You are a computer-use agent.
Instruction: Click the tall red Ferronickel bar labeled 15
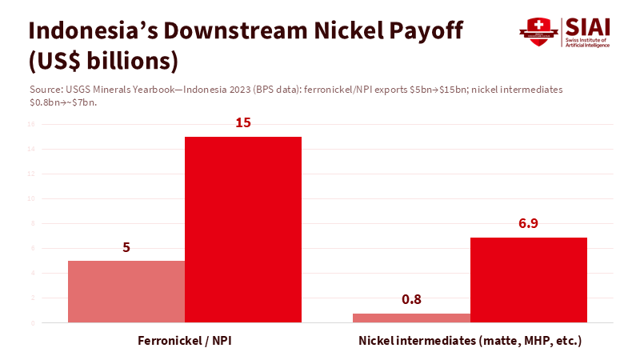[243, 230]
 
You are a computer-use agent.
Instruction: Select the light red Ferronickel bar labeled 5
[126, 291]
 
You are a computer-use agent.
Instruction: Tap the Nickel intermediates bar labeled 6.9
[528, 280]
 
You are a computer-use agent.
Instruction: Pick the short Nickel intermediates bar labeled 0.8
[411, 318]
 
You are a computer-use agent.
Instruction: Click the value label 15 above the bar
[243, 123]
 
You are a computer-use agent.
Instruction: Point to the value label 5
[126, 247]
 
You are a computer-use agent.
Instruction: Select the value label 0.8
[411, 300]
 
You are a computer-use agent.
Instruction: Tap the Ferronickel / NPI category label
[185, 341]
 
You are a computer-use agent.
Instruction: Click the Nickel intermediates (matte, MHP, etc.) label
[470, 341]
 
